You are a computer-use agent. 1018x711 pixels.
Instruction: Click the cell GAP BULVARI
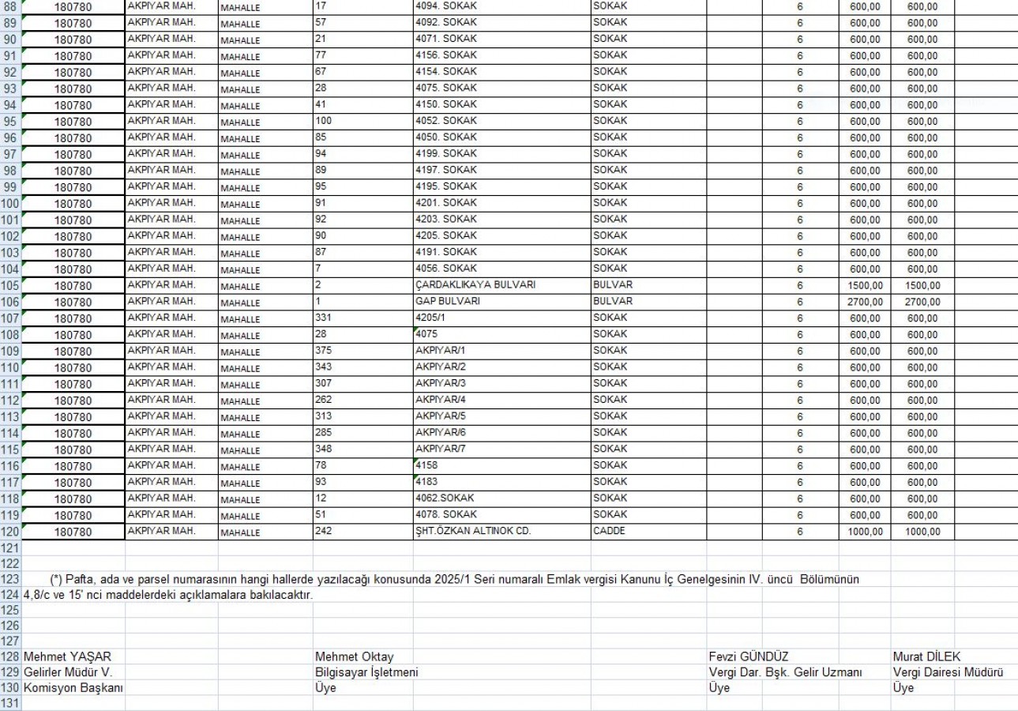pos(448,302)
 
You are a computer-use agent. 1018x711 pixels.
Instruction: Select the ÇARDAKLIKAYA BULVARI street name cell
pos(475,285)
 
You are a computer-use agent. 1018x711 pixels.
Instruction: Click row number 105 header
pos(10,285)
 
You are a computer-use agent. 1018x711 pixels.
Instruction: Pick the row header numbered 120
pos(10,532)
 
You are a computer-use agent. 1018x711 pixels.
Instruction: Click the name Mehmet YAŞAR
pos(67,657)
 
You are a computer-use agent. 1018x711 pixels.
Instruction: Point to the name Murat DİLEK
pos(926,657)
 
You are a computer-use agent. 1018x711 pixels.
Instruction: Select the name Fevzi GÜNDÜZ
pos(749,657)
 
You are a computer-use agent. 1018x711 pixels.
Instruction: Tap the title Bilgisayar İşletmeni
pos(366,672)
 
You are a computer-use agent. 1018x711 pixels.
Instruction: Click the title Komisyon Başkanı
pos(73,688)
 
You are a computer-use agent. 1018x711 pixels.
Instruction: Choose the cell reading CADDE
pos(609,532)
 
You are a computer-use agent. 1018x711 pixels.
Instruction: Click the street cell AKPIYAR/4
pos(441,400)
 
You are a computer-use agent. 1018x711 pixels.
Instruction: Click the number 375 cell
pos(323,351)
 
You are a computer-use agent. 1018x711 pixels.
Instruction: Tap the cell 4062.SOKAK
pos(450,498)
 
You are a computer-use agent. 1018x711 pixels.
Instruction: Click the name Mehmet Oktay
pos(354,657)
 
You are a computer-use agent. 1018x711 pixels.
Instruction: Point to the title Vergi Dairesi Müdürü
pos(948,672)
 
